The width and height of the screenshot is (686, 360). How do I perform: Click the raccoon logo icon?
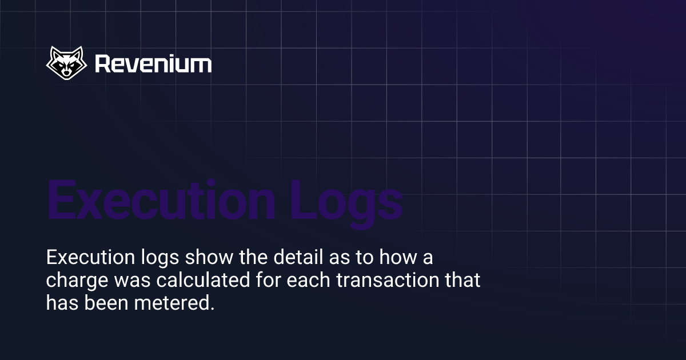click(66, 63)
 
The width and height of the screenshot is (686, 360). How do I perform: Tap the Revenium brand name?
click(153, 63)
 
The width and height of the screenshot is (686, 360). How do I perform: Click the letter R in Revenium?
click(102, 63)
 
